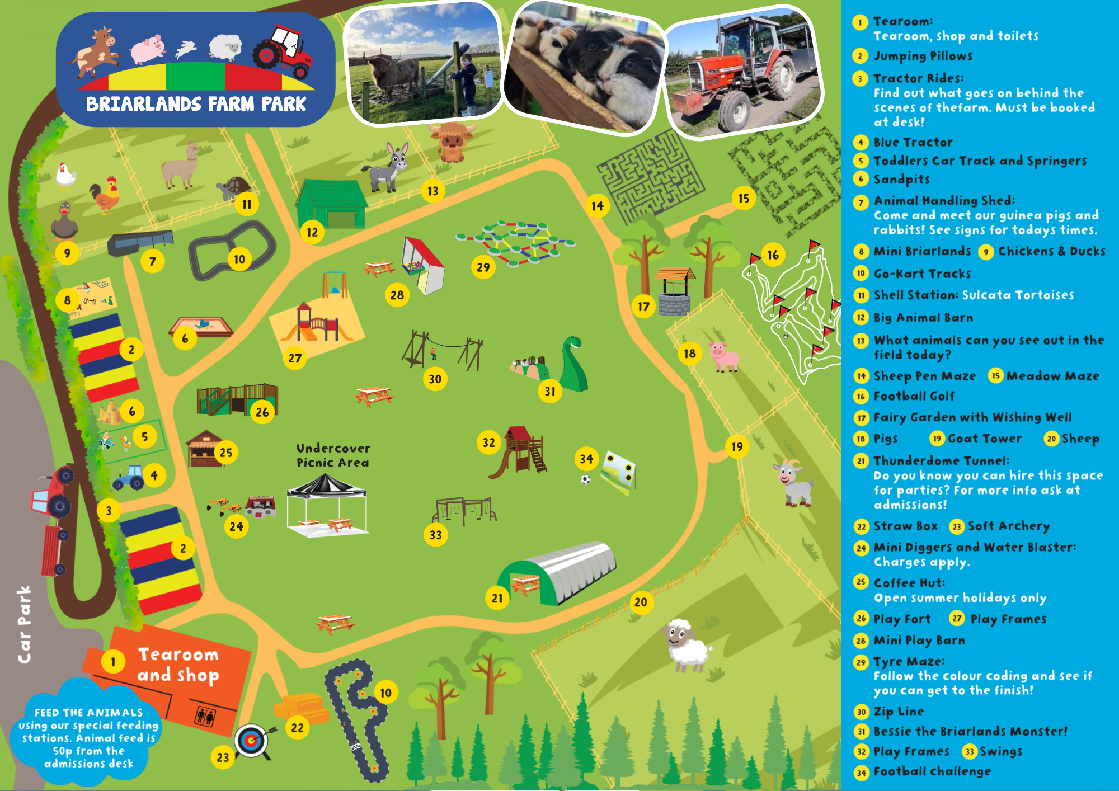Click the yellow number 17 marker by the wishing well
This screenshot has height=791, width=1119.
(x=643, y=307)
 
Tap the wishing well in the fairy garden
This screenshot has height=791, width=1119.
(x=675, y=291)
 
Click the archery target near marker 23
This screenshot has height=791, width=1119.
(x=251, y=741)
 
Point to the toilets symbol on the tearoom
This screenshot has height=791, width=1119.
(x=205, y=716)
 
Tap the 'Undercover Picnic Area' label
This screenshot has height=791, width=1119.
(x=333, y=455)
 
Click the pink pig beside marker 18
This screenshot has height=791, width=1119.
(x=724, y=356)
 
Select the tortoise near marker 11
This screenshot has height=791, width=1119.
(x=234, y=188)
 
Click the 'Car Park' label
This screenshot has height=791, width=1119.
(x=24, y=624)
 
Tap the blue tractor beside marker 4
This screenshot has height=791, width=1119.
(x=129, y=477)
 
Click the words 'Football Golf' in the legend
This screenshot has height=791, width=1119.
(x=914, y=396)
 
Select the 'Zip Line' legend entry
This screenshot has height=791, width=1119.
(x=899, y=712)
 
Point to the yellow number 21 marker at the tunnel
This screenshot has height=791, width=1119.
(x=497, y=598)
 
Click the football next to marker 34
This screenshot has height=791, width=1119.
(x=585, y=479)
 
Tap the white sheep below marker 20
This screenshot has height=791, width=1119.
(x=686, y=644)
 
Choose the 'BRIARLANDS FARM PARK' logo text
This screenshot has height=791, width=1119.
(x=196, y=104)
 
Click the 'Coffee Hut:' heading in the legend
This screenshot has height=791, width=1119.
(x=909, y=583)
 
